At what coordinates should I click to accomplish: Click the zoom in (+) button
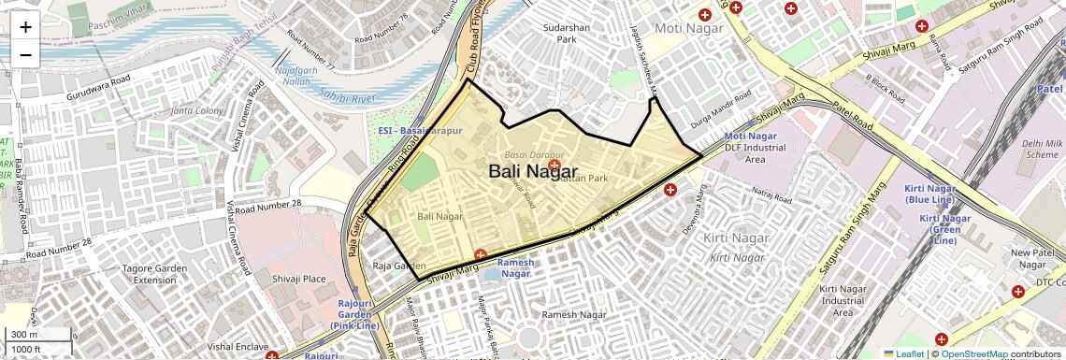click(25, 27)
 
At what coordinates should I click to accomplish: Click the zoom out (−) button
click(25, 54)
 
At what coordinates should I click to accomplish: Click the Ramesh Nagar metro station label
click(515, 267)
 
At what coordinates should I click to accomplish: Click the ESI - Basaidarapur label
click(420, 131)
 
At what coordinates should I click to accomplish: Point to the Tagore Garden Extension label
click(155, 274)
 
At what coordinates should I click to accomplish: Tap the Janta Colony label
click(196, 111)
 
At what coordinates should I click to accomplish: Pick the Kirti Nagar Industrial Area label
click(843, 300)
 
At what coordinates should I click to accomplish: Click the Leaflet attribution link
click(904, 353)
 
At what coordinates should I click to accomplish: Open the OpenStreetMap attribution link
click(974, 353)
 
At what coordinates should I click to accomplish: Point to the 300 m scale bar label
click(25, 334)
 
